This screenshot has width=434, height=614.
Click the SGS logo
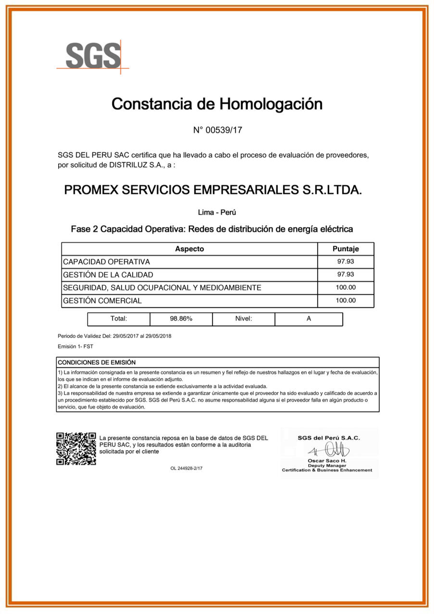point(93,56)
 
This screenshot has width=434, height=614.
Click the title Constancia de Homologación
point(217,104)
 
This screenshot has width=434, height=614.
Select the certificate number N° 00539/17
point(217,130)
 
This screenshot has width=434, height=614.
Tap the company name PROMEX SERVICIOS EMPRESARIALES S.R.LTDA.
point(213,190)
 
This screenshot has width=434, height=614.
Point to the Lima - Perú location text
point(217,212)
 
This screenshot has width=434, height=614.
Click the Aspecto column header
point(189,249)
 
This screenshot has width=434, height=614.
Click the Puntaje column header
point(346,249)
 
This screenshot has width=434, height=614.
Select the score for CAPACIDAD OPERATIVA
point(346,261)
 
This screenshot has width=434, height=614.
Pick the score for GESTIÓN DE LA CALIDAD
point(346,274)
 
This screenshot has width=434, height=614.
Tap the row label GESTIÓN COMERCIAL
point(102,301)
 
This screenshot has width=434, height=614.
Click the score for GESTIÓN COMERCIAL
point(346,300)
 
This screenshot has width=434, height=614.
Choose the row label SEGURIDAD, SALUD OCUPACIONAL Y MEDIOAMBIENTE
point(162,288)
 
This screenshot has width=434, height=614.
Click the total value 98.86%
point(181,319)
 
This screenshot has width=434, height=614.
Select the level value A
point(309,319)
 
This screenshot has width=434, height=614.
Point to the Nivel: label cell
point(244,319)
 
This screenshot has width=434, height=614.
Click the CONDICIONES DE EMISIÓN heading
point(97,362)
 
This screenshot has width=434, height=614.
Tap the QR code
point(76,449)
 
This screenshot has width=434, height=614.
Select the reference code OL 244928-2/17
point(186,468)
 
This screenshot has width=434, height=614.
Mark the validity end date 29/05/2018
point(159,336)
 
